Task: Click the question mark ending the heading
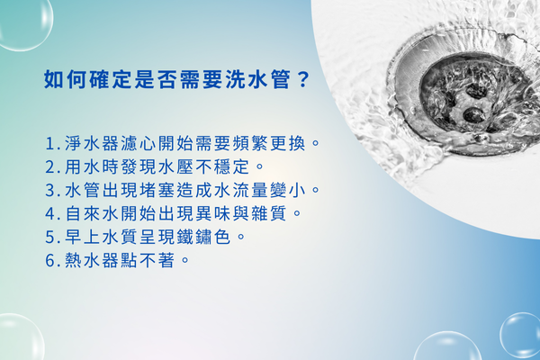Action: click(x=302, y=79)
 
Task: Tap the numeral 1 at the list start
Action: click(x=49, y=144)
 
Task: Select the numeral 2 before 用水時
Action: click(x=49, y=167)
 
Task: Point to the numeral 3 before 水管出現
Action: click(x=49, y=191)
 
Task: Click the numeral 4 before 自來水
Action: click(x=49, y=214)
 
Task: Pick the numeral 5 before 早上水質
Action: click(x=49, y=238)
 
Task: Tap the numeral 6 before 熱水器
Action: click(x=49, y=261)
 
